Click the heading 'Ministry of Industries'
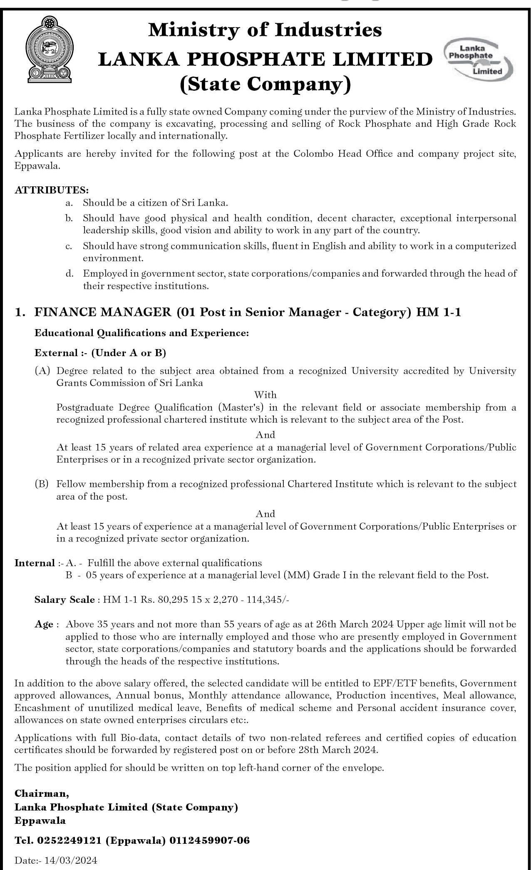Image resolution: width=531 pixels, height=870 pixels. point(265,30)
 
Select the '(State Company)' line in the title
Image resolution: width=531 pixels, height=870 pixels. point(265,84)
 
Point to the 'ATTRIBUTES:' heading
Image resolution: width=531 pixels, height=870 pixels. point(52,190)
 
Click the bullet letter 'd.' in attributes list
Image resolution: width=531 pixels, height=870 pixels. point(69,273)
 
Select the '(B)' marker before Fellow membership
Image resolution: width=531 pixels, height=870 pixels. point(42,484)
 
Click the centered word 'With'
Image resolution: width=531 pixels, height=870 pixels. point(265,394)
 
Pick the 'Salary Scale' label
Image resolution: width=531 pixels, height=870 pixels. point(65,600)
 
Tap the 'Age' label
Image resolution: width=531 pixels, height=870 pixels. point(44,624)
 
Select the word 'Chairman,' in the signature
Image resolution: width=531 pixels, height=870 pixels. point(42,793)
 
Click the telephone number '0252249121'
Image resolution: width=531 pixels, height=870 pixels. point(69,840)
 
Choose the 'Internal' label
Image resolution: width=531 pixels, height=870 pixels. point(35,563)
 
